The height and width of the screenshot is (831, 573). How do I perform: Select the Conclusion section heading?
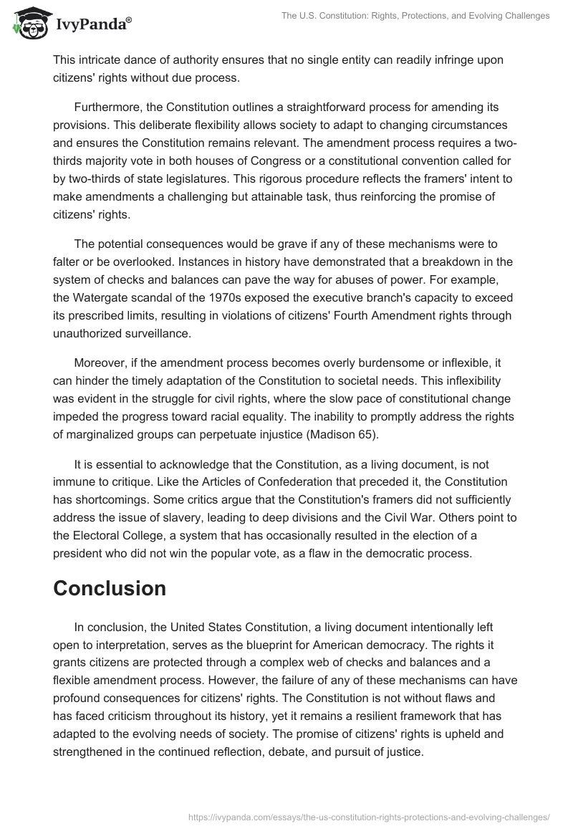pos(110,588)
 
